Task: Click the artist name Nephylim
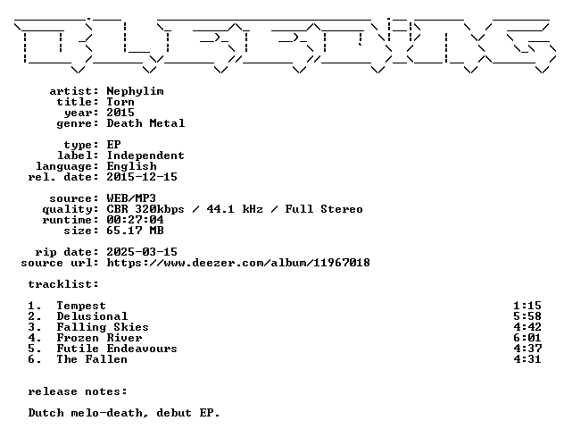[x=136, y=91]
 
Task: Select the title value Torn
[x=120, y=102]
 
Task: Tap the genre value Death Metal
[x=145, y=123]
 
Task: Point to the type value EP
[x=113, y=145]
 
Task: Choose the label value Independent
[x=145, y=156]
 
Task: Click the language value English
[x=132, y=166]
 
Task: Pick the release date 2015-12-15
[x=142, y=177]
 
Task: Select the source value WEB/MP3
[x=131, y=198]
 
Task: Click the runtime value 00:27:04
[x=135, y=220]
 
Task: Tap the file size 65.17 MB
[x=135, y=231]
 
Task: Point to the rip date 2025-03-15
[x=142, y=252]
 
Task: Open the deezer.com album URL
[x=238, y=263]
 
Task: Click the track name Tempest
[x=81, y=306]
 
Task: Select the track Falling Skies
[x=103, y=327]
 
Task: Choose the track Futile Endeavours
[x=117, y=349]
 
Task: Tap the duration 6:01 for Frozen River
[x=527, y=338]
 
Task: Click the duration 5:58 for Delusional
[x=527, y=316]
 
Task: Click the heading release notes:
[x=78, y=391]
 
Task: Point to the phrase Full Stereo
[x=324, y=209]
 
